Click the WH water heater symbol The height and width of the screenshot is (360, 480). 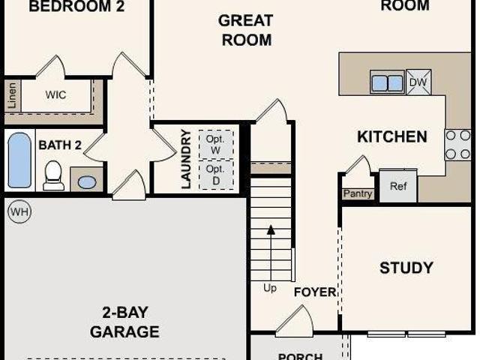click(x=19, y=211)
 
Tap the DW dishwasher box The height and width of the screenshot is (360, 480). click(x=418, y=82)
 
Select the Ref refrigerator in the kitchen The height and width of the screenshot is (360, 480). click(x=398, y=186)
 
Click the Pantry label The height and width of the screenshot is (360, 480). click(x=358, y=193)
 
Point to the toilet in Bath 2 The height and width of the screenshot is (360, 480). click(x=53, y=175)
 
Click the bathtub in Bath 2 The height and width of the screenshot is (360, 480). click(x=19, y=160)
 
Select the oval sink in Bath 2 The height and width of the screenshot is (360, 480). click(x=87, y=182)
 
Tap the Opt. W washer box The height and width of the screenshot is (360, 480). click(x=216, y=145)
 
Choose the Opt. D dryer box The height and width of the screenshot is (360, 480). click(x=216, y=175)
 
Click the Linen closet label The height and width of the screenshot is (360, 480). click(x=12, y=95)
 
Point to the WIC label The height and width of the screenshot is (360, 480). click(x=55, y=95)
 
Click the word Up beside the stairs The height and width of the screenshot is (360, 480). click(x=270, y=288)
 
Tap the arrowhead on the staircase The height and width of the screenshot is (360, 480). click(x=271, y=230)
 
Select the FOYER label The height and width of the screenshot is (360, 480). click(x=315, y=292)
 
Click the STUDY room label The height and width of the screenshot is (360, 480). click(x=406, y=268)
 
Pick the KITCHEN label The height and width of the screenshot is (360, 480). click(x=392, y=136)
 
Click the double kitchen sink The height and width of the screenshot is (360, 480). click(x=387, y=82)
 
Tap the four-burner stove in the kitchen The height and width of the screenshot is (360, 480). click(x=457, y=145)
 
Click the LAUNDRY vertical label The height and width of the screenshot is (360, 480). click(x=186, y=159)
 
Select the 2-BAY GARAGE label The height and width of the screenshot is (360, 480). click(x=124, y=322)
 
